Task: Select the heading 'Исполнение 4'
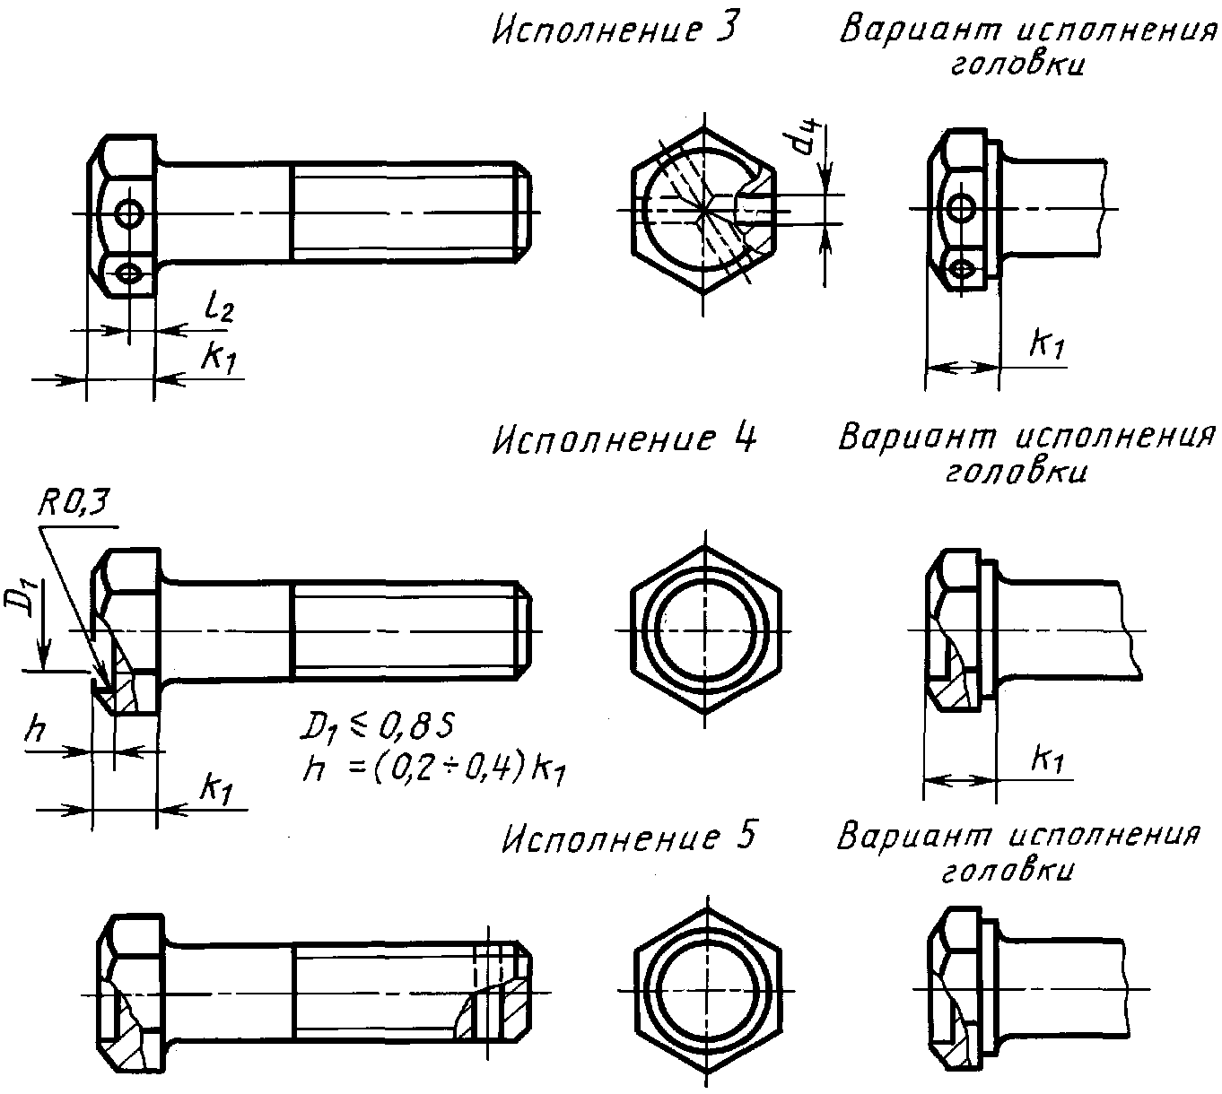pos(624,439)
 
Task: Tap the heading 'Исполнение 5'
pos(628,838)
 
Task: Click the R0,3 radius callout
pos(74,504)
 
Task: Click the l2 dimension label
pos(218,308)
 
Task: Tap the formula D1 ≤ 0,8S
pos(378,727)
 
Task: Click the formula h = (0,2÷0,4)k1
pos(433,769)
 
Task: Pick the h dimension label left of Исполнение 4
pos(35,730)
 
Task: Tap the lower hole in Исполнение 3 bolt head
pos(128,273)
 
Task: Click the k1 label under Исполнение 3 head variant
pos(1047,345)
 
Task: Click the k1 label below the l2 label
pos(218,358)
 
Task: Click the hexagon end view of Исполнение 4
pos(706,630)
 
